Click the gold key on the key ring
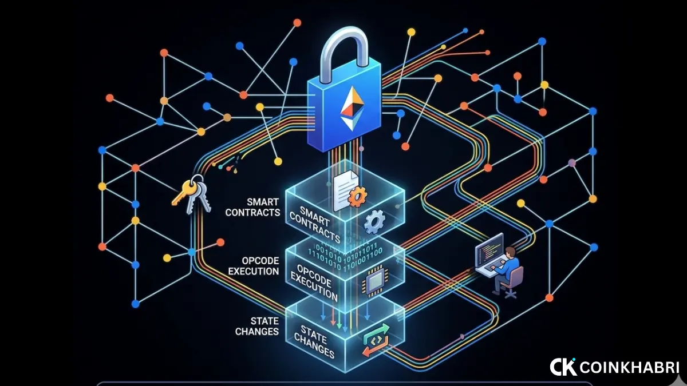pyautogui.click(x=184, y=192)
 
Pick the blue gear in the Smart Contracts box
pyautogui.click(x=374, y=221)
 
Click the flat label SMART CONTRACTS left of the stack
pyautogui.click(x=252, y=207)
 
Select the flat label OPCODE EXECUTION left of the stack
pyautogui.click(x=254, y=266)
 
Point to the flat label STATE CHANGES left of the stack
pyautogui.click(x=257, y=327)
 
